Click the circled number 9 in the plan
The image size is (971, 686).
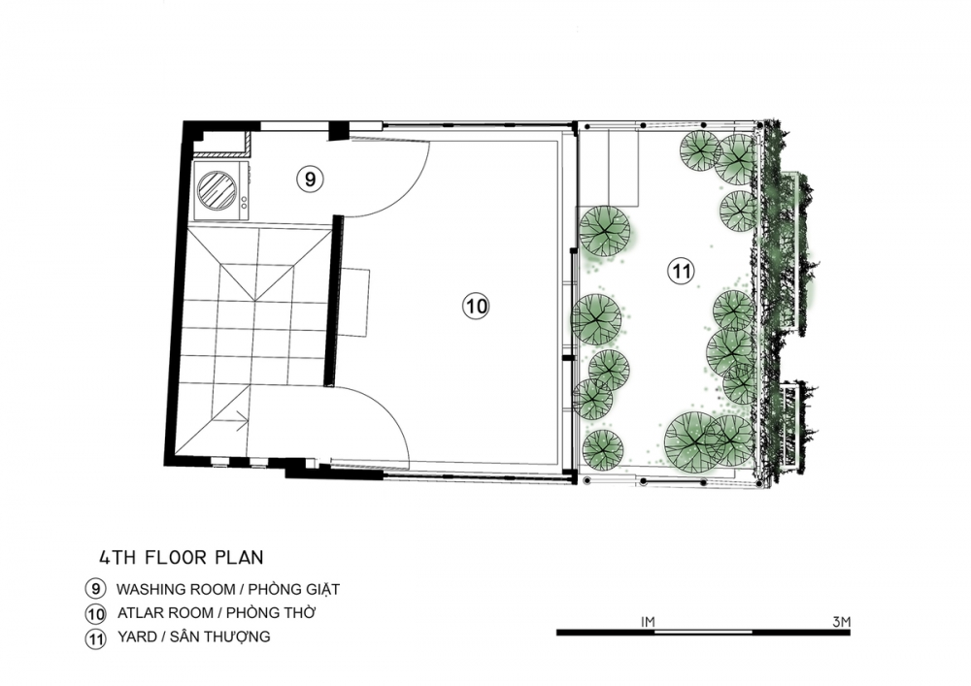point(311,179)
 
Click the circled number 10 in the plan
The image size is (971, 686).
point(476,306)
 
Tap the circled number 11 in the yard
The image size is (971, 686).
point(682,271)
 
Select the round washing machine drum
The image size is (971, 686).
point(217,190)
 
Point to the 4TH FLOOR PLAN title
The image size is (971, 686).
point(182,557)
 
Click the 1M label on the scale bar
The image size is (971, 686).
point(648,622)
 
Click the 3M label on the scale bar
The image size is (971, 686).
point(842,622)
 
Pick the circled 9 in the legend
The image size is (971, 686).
point(95,589)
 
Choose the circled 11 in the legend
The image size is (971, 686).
point(95,637)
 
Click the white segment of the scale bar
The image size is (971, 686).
point(703,633)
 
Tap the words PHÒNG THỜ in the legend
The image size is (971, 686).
point(271,613)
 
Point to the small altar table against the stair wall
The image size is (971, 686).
point(354,303)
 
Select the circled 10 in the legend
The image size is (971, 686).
point(95,613)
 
